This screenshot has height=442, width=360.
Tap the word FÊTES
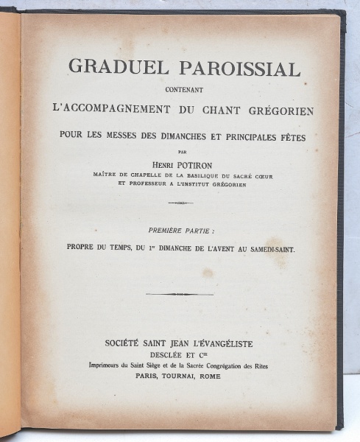(283, 136)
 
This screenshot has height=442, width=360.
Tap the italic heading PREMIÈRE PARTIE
(180, 231)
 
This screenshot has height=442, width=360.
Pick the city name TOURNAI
(186, 375)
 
